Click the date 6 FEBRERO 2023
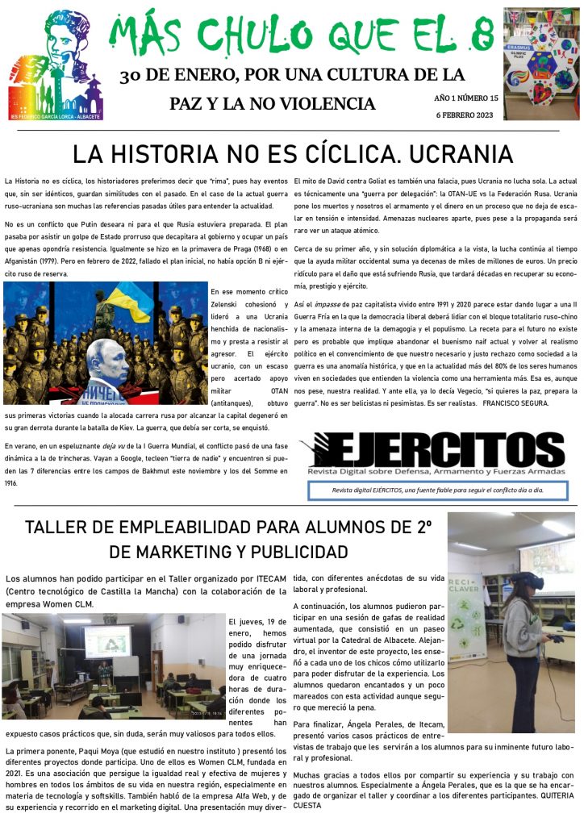464,115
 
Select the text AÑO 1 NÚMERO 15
466,98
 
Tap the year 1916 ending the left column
10,483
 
